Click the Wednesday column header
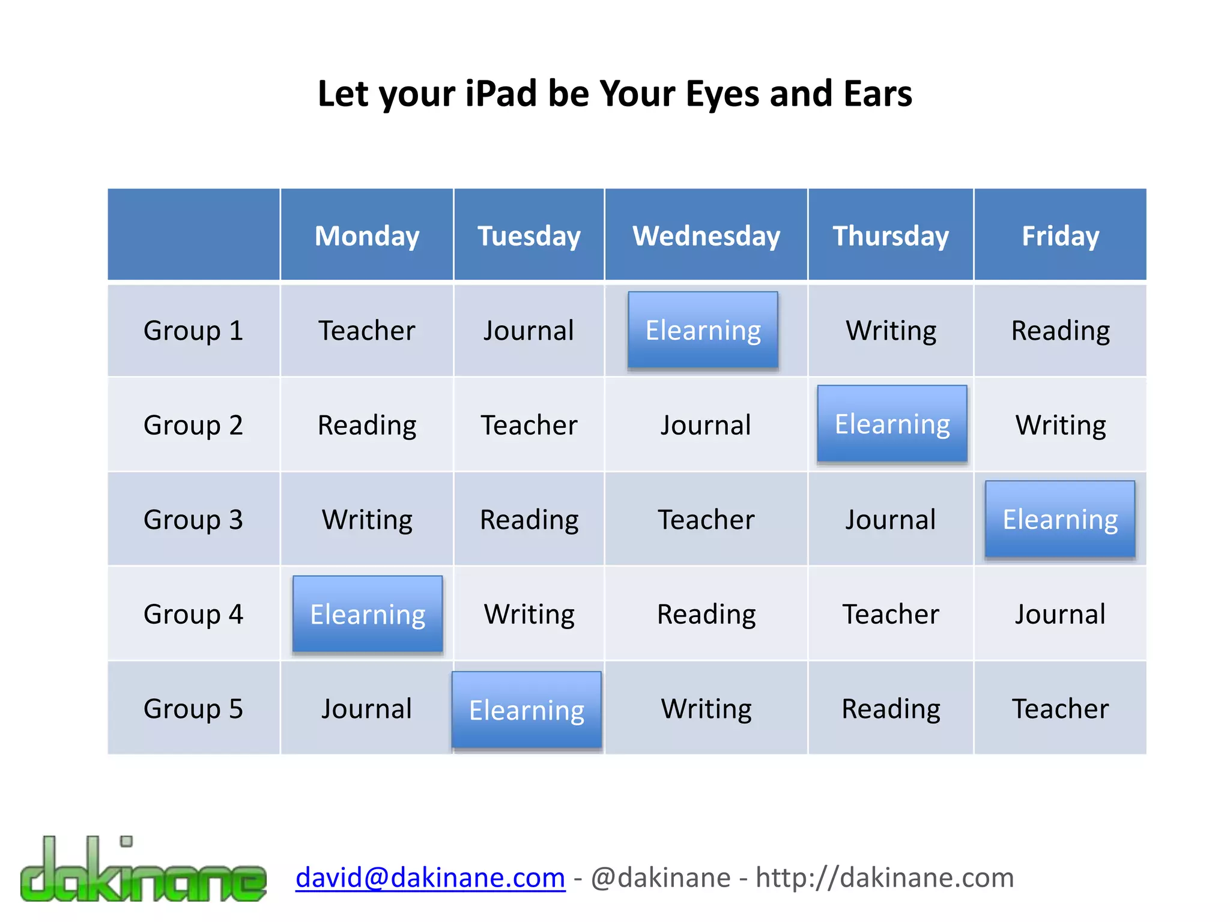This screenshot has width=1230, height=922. tap(706, 236)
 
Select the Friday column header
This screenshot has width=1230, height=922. tap(1060, 236)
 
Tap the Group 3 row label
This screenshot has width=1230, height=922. tap(193, 519)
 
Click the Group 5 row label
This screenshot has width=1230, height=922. tap(193, 708)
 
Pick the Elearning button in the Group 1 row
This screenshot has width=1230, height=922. tap(703, 330)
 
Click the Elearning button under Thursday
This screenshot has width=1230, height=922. tap(892, 424)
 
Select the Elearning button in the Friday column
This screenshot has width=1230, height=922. tap(1060, 519)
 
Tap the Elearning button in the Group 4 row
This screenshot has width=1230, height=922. tap(368, 614)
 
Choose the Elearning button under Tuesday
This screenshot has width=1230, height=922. tap(527, 710)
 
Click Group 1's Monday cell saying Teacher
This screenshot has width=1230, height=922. tap(367, 330)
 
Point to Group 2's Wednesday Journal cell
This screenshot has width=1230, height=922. tap(706, 425)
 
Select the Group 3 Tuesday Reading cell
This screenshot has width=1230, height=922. tap(529, 519)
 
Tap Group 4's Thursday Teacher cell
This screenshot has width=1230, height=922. tap(891, 614)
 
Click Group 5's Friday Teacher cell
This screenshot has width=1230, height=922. tap(1060, 708)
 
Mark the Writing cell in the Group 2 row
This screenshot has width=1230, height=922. tap(1060, 425)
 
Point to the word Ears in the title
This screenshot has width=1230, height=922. tap(877, 94)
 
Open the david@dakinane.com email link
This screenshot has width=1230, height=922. tap(431, 878)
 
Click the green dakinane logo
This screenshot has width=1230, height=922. tap(143, 870)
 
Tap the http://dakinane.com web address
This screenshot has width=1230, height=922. tap(885, 878)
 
